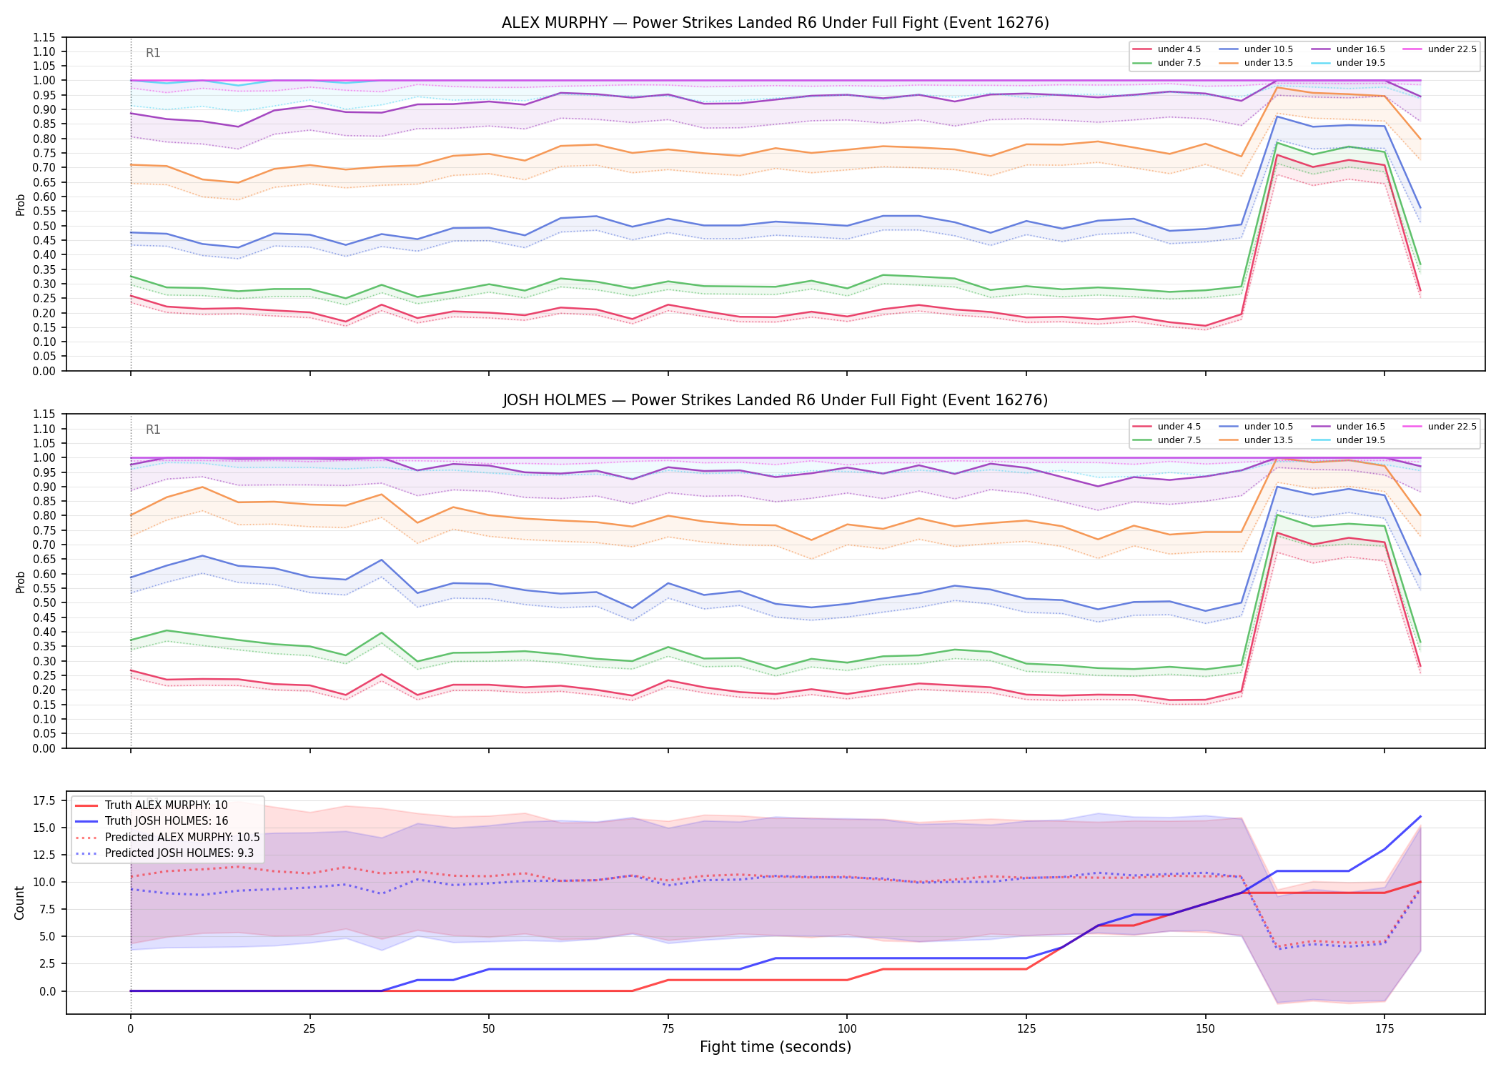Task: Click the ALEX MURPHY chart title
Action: (776, 23)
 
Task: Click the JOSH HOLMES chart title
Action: (776, 400)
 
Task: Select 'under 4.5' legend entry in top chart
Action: (1167, 49)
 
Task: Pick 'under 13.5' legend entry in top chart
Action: (1257, 63)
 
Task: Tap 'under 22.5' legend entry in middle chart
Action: (1440, 427)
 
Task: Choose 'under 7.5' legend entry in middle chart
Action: (1167, 440)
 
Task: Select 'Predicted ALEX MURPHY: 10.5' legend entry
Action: (167, 837)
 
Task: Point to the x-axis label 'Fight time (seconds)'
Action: (776, 1047)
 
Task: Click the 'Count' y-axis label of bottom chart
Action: (19, 903)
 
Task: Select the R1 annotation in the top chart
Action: (153, 53)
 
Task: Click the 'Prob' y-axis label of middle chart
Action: (20, 582)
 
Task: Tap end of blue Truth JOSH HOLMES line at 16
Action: (1420, 816)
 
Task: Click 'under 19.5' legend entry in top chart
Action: (1349, 63)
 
